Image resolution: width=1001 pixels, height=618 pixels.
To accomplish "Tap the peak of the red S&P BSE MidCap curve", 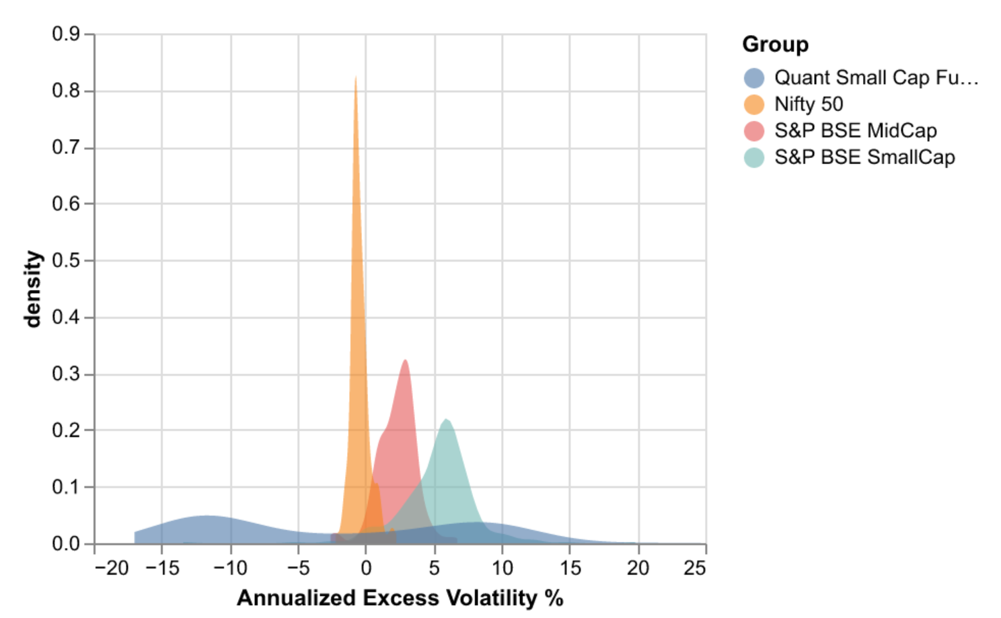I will click(x=405, y=362).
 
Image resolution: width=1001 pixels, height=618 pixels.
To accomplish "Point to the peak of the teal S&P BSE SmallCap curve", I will click(x=446, y=421).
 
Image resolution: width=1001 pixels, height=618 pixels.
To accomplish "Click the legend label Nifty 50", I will click(x=809, y=104).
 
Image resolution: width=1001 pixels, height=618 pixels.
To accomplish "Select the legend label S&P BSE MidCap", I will click(x=855, y=130).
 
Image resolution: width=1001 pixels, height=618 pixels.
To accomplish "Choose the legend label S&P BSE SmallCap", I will click(x=864, y=157).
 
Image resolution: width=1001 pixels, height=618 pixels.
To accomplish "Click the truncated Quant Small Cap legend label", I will click(x=876, y=78).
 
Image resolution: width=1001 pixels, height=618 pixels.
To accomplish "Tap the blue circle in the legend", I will click(x=754, y=78).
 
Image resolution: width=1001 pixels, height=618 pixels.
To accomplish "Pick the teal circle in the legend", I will click(x=754, y=157).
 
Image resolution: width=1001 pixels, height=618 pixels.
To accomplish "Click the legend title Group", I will click(x=775, y=44).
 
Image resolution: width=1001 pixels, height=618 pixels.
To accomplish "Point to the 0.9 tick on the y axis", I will click(x=66, y=34).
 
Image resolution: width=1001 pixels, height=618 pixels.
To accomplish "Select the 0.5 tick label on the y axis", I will click(x=66, y=260).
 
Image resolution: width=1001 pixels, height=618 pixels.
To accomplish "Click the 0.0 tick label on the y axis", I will click(x=66, y=543).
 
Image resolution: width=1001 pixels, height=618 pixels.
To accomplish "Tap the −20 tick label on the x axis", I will click(x=112, y=568).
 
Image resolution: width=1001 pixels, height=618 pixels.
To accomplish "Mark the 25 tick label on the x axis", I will click(x=695, y=568).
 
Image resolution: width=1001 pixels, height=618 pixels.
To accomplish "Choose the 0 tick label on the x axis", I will click(x=366, y=568).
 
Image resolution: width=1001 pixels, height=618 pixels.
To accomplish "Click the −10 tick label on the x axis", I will click(x=231, y=568).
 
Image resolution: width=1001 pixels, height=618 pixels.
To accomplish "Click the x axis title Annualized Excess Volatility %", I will click(x=400, y=598).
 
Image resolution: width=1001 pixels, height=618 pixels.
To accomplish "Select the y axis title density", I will click(x=32, y=289).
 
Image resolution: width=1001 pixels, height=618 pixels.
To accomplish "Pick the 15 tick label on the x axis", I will click(x=570, y=568).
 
